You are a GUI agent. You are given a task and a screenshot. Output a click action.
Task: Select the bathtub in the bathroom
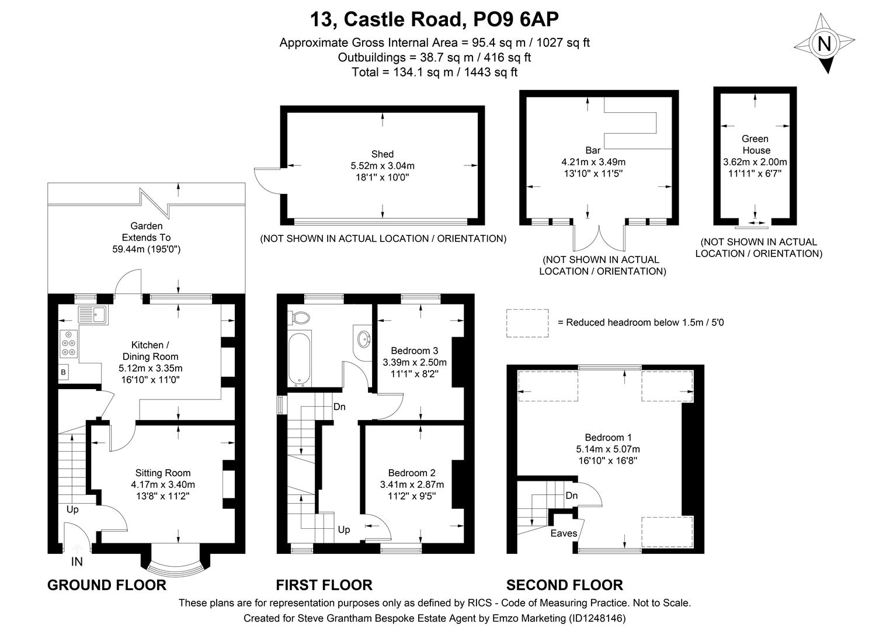tap(300, 358)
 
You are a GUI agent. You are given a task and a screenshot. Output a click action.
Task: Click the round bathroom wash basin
tap(363, 338)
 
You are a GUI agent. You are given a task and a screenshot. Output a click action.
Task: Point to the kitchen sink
tap(92, 315)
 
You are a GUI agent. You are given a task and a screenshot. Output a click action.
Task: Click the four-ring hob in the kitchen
tap(69, 344)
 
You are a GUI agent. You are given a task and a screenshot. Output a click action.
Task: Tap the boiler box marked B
tap(64, 372)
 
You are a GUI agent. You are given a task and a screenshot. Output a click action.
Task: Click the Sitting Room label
tap(163, 473)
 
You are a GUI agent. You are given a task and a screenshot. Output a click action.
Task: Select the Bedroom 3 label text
tap(414, 351)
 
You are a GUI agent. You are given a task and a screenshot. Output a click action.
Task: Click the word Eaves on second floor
tap(564, 533)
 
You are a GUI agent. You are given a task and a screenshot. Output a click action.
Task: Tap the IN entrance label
tap(77, 562)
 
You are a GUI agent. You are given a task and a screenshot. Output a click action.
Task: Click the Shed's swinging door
tap(266, 179)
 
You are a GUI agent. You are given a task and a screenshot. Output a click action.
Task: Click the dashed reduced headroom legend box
tap(527, 323)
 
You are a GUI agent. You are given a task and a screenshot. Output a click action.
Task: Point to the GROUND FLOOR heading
tap(106, 585)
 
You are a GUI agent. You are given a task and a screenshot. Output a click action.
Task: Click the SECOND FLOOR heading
tap(564, 585)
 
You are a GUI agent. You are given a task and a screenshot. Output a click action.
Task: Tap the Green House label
tap(755, 144)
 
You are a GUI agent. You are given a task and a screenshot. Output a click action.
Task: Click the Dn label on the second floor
tap(571, 496)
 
